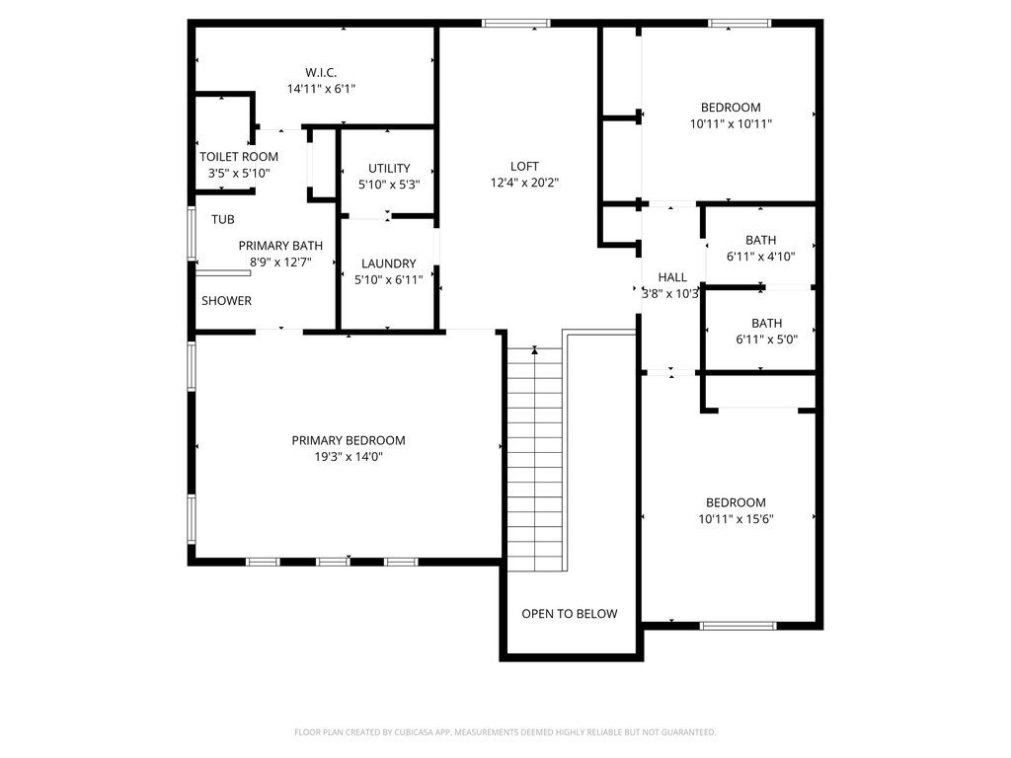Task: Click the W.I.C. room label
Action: (x=321, y=73)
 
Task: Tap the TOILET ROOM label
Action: (x=239, y=157)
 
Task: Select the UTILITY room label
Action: (x=389, y=168)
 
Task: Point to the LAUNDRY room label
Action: (x=389, y=264)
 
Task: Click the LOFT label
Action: (x=524, y=166)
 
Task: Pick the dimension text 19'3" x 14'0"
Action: (x=349, y=457)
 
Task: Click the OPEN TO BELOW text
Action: (x=570, y=614)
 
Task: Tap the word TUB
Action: (x=223, y=220)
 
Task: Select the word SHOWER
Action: (x=226, y=301)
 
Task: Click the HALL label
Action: (x=672, y=277)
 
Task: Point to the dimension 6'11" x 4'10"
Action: (x=761, y=257)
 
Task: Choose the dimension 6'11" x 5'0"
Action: (x=766, y=340)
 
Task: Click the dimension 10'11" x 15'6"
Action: (x=736, y=519)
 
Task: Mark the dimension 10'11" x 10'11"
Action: (x=731, y=123)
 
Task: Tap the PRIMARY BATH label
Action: (x=280, y=246)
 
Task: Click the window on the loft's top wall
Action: (x=516, y=24)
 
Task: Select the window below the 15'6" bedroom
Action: (x=739, y=626)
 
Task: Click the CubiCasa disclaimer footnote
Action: (x=505, y=732)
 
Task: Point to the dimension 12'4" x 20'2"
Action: (x=524, y=183)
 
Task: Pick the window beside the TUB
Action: (x=192, y=233)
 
